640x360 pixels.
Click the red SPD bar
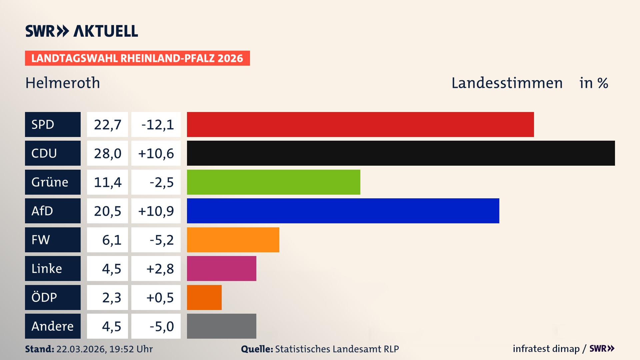tap(360, 124)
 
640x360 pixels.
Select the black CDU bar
tap(400, 153)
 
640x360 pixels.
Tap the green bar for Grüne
tap(273, 182)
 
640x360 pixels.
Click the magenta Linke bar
tap(221, 268)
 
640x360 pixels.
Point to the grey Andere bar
tap(221, 326)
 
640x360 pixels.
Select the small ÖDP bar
tap(204, 297)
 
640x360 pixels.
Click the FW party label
tap(53, 240)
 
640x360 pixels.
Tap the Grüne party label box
tap(53, 182)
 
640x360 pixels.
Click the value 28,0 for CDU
tap(107, 153)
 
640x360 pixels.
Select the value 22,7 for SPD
tap(107, 125)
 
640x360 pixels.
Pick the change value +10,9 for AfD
tap(156, 211)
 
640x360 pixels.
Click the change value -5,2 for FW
tap(161, 240)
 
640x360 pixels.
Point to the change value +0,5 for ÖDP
tap(160, 298)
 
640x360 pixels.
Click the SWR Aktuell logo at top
tap(81, 31)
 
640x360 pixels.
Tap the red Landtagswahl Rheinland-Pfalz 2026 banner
tap(137, 58)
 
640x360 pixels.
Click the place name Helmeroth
tap(63, 83)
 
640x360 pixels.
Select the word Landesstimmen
tap(507, 83)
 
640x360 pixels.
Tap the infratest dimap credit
tap(546, 349)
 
